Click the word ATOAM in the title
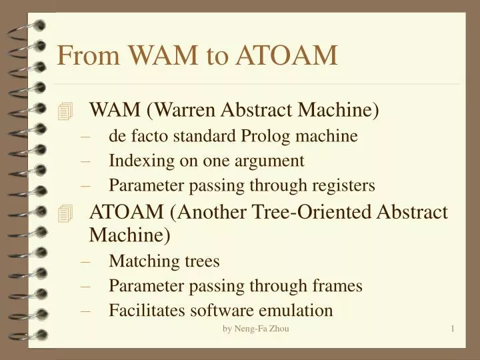point(287,55)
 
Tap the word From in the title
point(88,55)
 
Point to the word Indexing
point(141,161)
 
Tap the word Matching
point(144,262)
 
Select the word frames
point(337,285)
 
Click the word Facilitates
point(147,310)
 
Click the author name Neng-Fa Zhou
point(261,329)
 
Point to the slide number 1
point(453,329)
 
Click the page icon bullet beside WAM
point(65,111)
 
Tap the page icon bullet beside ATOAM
point(65,213)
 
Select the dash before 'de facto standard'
point(85,138)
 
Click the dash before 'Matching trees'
point(85,263)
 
